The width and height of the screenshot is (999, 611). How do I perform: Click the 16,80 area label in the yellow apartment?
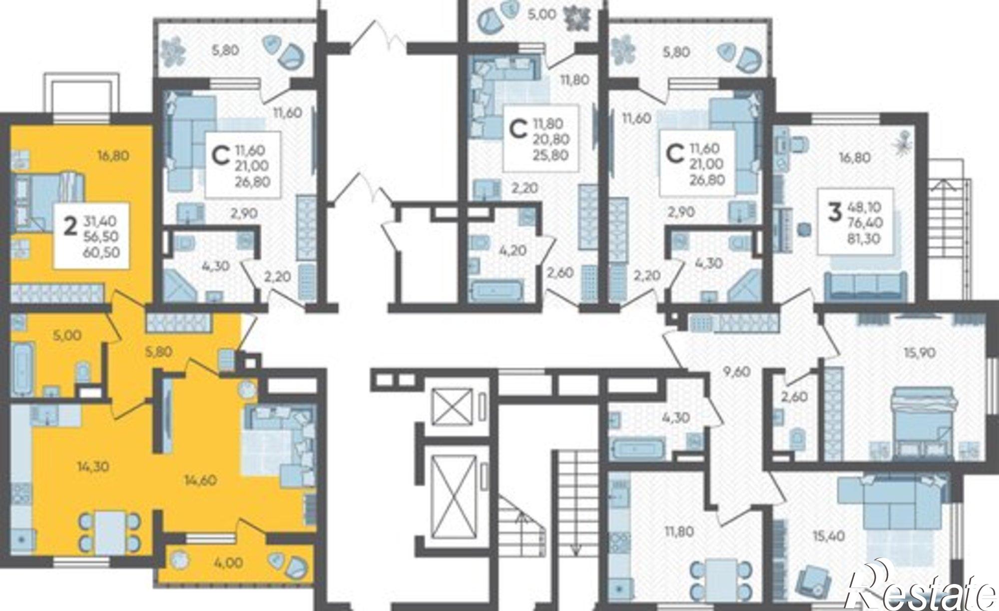tap(113, 156)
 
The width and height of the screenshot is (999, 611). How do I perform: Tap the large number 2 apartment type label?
tap(71, 228)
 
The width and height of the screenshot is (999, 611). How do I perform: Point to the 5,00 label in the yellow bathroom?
tap(67, 335)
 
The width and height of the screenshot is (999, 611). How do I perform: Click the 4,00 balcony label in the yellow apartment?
tap(229, 563)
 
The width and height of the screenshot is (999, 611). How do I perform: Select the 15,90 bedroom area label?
tap(920, 353)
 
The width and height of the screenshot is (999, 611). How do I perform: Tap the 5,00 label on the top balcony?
tap(542, 14)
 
